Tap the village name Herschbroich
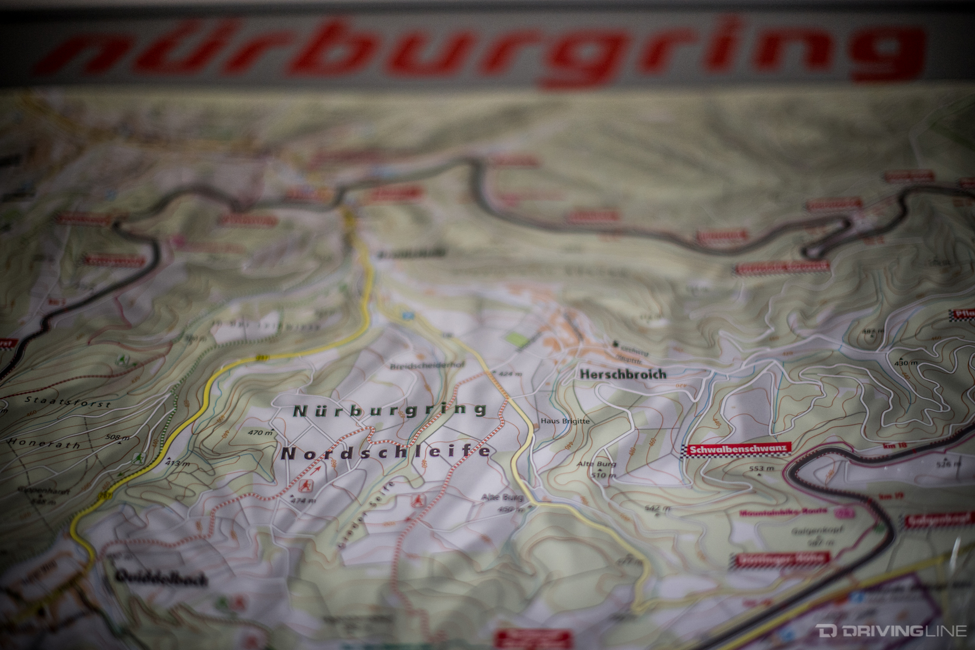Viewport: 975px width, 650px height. point(622,375)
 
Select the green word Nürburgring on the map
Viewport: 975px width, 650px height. point(390,410)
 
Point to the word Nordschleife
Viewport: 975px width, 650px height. point(386,452)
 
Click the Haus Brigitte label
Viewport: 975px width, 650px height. point(565,421)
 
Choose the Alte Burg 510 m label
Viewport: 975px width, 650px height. point(603,470)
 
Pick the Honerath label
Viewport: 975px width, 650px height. point(44,444)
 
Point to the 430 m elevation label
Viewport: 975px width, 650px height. point(906,363)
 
